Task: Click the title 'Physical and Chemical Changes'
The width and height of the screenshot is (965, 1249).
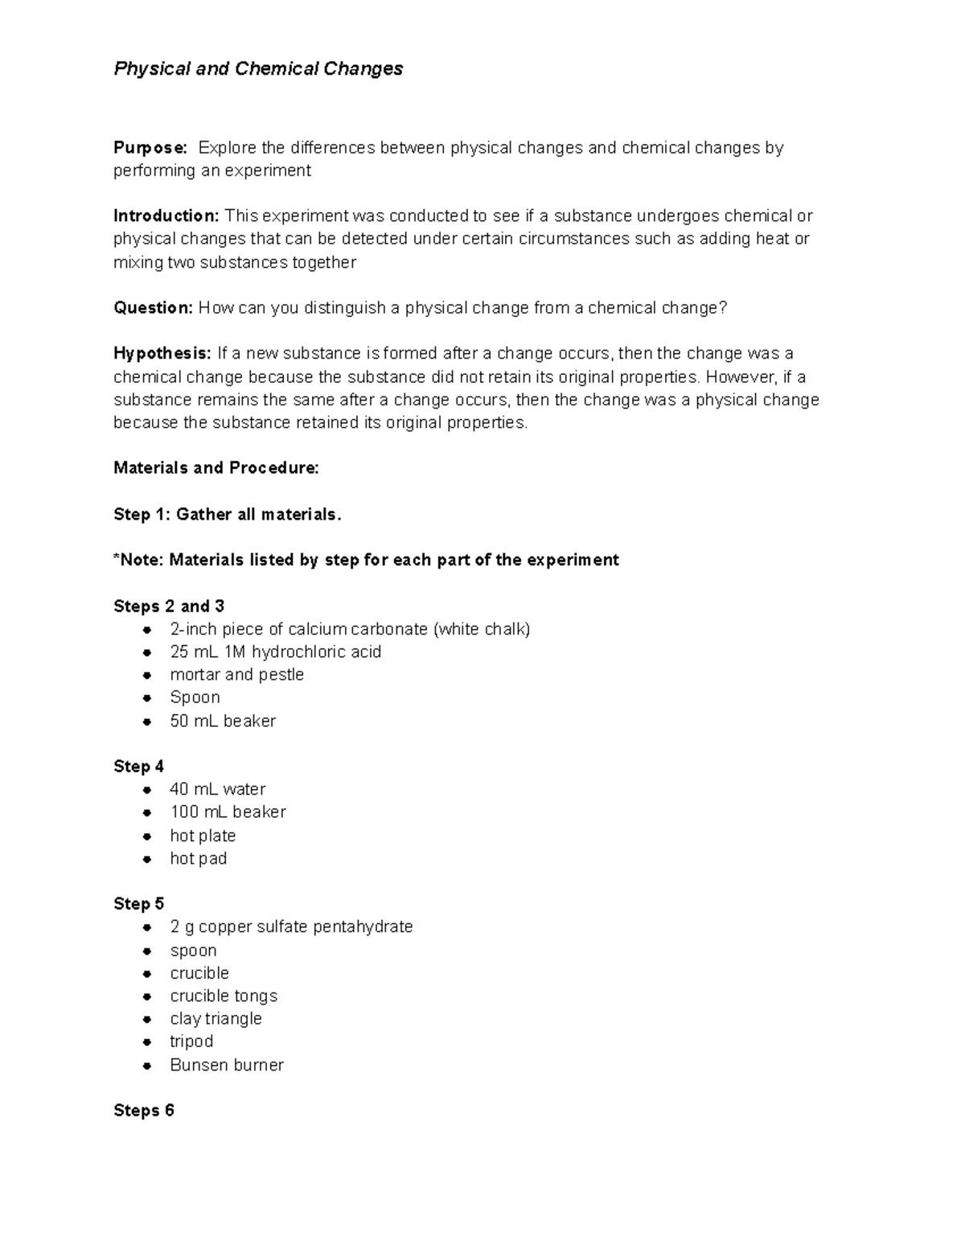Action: click(258, 69)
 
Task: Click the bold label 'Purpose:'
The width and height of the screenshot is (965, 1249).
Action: click(150, 148)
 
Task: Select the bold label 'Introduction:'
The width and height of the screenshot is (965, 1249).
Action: click(166, 216)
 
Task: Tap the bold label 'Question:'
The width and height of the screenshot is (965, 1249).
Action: click(153, 308)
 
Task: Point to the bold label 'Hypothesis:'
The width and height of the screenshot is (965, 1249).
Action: click(162, 354)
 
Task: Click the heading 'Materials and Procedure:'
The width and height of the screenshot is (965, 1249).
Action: click(216, 468)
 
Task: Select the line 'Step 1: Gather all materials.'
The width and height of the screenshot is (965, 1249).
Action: click(228, 515)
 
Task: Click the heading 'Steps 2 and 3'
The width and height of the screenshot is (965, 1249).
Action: click(169, 606)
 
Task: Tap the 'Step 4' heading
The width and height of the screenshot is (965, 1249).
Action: click(139, 766)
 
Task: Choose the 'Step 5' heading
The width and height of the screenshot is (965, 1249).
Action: click(139, 904)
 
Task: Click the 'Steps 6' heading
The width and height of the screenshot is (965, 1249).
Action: click(144, 1111)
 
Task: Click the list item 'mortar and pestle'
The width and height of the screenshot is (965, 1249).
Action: click(236, 675)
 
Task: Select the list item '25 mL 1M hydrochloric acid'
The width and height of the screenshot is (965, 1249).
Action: click(275, 652)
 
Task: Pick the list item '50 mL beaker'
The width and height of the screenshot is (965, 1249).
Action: click(223, 721)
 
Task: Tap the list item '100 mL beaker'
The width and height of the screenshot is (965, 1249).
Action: click(228, 812)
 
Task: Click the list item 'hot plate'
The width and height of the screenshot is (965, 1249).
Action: click(203, 836)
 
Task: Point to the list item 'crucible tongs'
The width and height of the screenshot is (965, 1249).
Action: click(224, 996)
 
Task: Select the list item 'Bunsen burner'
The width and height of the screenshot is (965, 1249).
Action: click(227, 1066)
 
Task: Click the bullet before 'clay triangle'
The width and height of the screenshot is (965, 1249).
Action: click(147, 1020)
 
